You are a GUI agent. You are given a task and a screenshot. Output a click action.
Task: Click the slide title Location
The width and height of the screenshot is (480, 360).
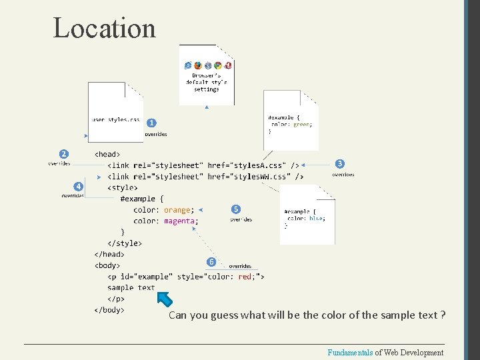pos(104,28)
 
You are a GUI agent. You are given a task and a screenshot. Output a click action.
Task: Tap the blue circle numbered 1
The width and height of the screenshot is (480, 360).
pos(152,123)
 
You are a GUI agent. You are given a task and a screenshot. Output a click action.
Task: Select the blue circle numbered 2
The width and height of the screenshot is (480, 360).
pos(64,153)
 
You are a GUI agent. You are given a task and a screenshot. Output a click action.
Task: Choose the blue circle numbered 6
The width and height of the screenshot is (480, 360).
pos(211,261)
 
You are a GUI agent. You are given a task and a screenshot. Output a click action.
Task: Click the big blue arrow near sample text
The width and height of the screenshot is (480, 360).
pos(164,297)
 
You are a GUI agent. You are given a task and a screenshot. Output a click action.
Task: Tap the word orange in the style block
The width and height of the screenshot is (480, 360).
pos(177,210)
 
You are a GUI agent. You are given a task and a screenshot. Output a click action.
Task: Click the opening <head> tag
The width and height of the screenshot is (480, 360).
pos(107,154)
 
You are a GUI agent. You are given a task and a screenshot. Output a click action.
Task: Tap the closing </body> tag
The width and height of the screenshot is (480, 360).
pos(109,309)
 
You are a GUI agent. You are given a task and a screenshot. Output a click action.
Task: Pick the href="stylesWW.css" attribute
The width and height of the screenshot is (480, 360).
pos(250,176)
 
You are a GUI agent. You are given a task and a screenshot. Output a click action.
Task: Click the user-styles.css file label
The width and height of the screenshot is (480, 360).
pos(115,120)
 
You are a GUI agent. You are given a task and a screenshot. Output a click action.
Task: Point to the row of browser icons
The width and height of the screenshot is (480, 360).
pos(208,65)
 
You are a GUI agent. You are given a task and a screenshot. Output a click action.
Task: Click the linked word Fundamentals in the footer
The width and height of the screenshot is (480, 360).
pos(350,353)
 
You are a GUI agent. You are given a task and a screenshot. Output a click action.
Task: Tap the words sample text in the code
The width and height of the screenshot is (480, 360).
pos(131,287)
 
